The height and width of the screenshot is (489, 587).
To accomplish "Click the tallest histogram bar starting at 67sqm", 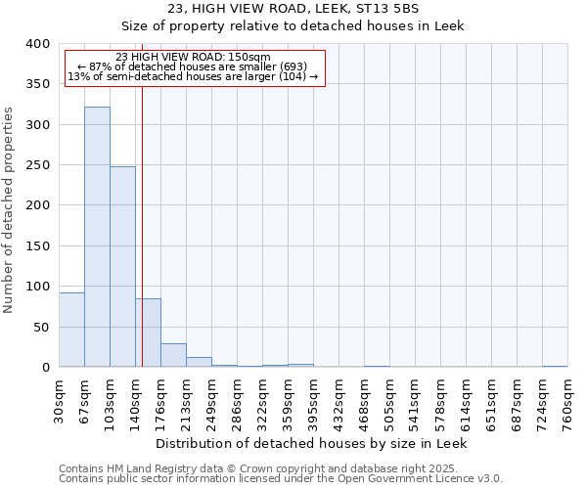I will point(97,237).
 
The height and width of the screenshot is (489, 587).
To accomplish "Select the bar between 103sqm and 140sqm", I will point(122,267).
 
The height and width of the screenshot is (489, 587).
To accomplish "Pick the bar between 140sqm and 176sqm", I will point(148,333).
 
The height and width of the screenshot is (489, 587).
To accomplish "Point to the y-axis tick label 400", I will point(37,44).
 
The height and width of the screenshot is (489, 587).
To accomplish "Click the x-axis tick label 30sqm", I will point(59,398).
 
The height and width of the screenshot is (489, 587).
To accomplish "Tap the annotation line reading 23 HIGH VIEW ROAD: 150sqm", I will point(193,57).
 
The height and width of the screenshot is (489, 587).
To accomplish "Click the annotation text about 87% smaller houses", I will point(193,67).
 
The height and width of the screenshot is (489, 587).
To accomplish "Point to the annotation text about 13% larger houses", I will point(193,76).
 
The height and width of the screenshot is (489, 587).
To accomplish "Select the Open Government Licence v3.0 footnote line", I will point(281,479).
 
